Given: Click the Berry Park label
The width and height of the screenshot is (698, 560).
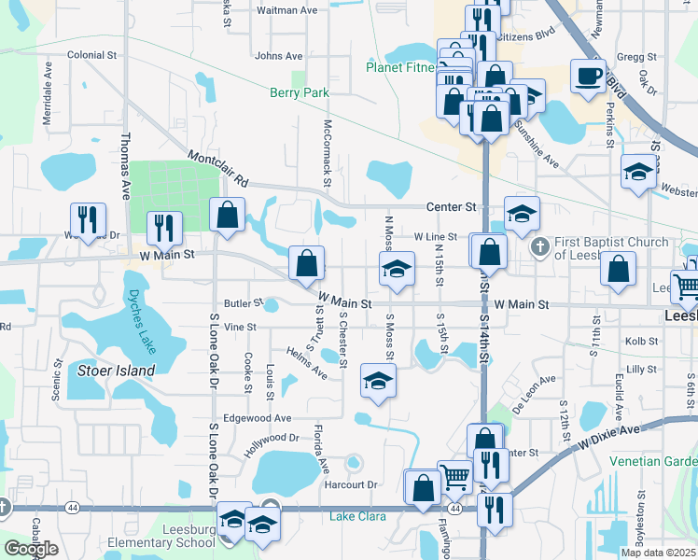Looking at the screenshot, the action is coord(299,93).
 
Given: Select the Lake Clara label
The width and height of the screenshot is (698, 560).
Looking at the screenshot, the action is coord(356,515).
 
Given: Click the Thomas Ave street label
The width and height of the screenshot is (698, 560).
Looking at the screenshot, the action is coord(125,166).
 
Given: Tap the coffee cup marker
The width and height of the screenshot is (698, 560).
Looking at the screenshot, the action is coord(588,76).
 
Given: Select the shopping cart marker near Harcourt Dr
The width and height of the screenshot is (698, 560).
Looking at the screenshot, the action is coord(454,476).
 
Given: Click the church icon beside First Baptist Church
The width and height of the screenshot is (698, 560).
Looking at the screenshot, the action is coord(538,248).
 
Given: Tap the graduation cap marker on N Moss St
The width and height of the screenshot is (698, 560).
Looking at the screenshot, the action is coord(397,270).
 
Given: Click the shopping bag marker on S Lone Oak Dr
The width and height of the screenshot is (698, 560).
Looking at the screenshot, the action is coord(227,216).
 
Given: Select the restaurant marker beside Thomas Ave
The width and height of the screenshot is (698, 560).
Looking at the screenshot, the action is coord(165,228).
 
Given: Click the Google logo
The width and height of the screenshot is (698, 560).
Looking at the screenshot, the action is coord(31,549).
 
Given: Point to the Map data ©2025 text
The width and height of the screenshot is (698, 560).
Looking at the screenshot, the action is coord(659,553).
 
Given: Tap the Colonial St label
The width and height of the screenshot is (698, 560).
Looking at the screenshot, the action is coord(91,56).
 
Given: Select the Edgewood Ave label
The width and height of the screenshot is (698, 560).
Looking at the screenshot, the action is coord(257,418).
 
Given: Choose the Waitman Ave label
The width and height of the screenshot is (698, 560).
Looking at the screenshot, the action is coord(286,10).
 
